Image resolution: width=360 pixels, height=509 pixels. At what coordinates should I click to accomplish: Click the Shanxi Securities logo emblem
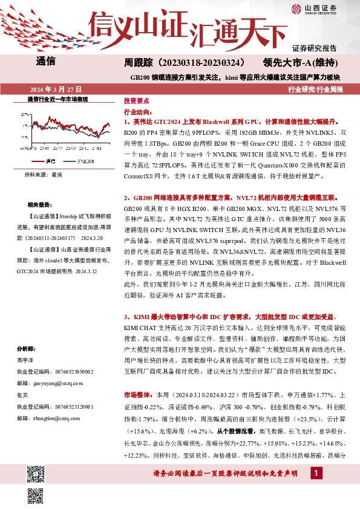(296, 8)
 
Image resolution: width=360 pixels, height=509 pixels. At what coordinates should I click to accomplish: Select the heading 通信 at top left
(46, 61)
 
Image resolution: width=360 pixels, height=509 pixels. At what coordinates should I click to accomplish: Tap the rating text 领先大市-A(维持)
(304, 63)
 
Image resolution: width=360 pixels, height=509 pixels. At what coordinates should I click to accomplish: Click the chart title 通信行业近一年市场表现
(58, 99)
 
